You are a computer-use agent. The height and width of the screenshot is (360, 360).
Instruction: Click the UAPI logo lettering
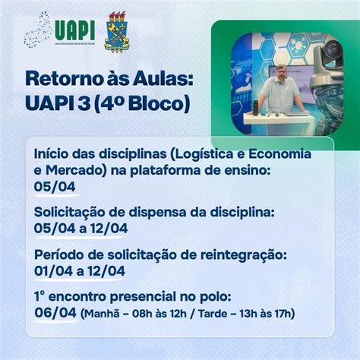(74, 28)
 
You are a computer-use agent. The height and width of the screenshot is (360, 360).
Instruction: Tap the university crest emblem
(116, 31)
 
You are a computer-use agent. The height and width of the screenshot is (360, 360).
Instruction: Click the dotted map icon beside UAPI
(38, 31)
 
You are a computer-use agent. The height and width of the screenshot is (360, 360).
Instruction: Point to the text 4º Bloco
(150, 103)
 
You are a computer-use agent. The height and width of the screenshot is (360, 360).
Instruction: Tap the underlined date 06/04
(55, 313)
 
